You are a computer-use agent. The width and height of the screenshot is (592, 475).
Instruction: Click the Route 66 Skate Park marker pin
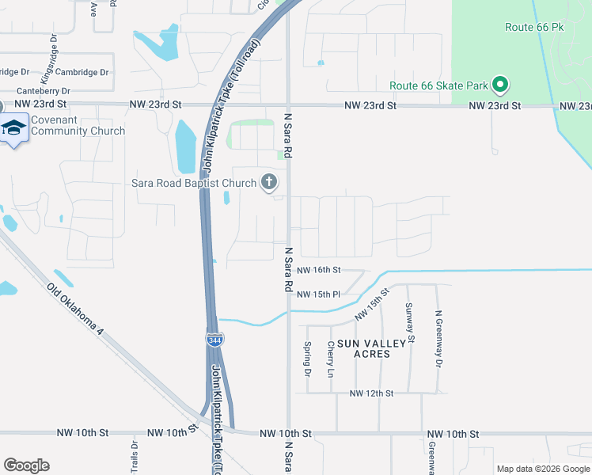[x=499, y=84]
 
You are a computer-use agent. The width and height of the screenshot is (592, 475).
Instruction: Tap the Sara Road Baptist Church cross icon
[x=269, y=183]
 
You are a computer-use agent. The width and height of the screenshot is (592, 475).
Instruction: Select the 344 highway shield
[x=214, y=340]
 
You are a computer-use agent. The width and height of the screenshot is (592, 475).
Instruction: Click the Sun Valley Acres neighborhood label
[x=363, y=348]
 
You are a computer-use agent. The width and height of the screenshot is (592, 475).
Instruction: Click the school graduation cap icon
[x=13, y=127]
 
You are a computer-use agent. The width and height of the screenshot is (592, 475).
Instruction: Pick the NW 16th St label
[x=321, y=271]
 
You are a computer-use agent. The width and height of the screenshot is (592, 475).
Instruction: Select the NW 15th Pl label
[x=321, y=294]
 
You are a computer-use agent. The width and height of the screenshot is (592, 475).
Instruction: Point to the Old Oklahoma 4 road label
[x=75, y=310]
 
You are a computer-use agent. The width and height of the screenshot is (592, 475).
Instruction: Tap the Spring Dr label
[x=307, y=359]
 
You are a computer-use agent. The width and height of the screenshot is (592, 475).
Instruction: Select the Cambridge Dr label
[x=82, y=72]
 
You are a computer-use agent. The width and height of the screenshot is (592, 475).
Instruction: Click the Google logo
[x=26, y=465]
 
